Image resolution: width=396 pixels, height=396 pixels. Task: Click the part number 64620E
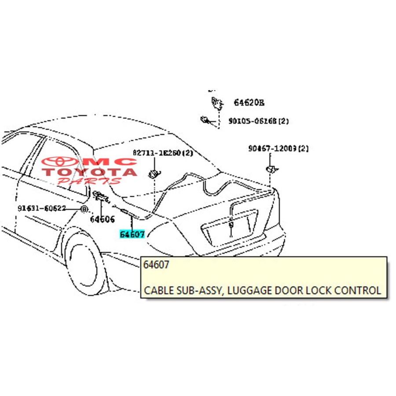pos(249,103)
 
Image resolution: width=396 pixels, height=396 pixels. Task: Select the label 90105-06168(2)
pos(258,121)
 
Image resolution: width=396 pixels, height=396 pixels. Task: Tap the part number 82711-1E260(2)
pos(163,153)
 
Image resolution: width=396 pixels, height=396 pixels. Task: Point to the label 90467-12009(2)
pos(279,149)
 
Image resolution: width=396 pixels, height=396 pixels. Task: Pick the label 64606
pos(103,219)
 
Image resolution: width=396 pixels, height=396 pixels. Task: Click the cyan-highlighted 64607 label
pos(132,234)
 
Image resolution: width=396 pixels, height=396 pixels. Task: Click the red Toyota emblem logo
pos(62,162)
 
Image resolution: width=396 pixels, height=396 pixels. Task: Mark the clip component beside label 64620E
pos(216,103)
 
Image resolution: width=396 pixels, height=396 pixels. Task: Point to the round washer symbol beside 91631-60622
pos(84,209)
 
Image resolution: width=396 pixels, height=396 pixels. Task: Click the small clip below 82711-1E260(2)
pos(154,172)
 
